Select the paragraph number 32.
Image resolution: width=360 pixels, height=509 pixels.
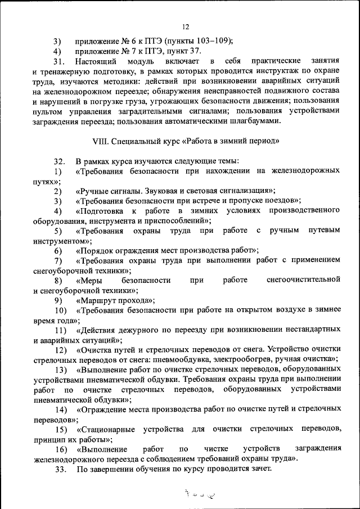60,160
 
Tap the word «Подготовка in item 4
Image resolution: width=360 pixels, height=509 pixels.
101,211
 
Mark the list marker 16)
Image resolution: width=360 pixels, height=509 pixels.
60,449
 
